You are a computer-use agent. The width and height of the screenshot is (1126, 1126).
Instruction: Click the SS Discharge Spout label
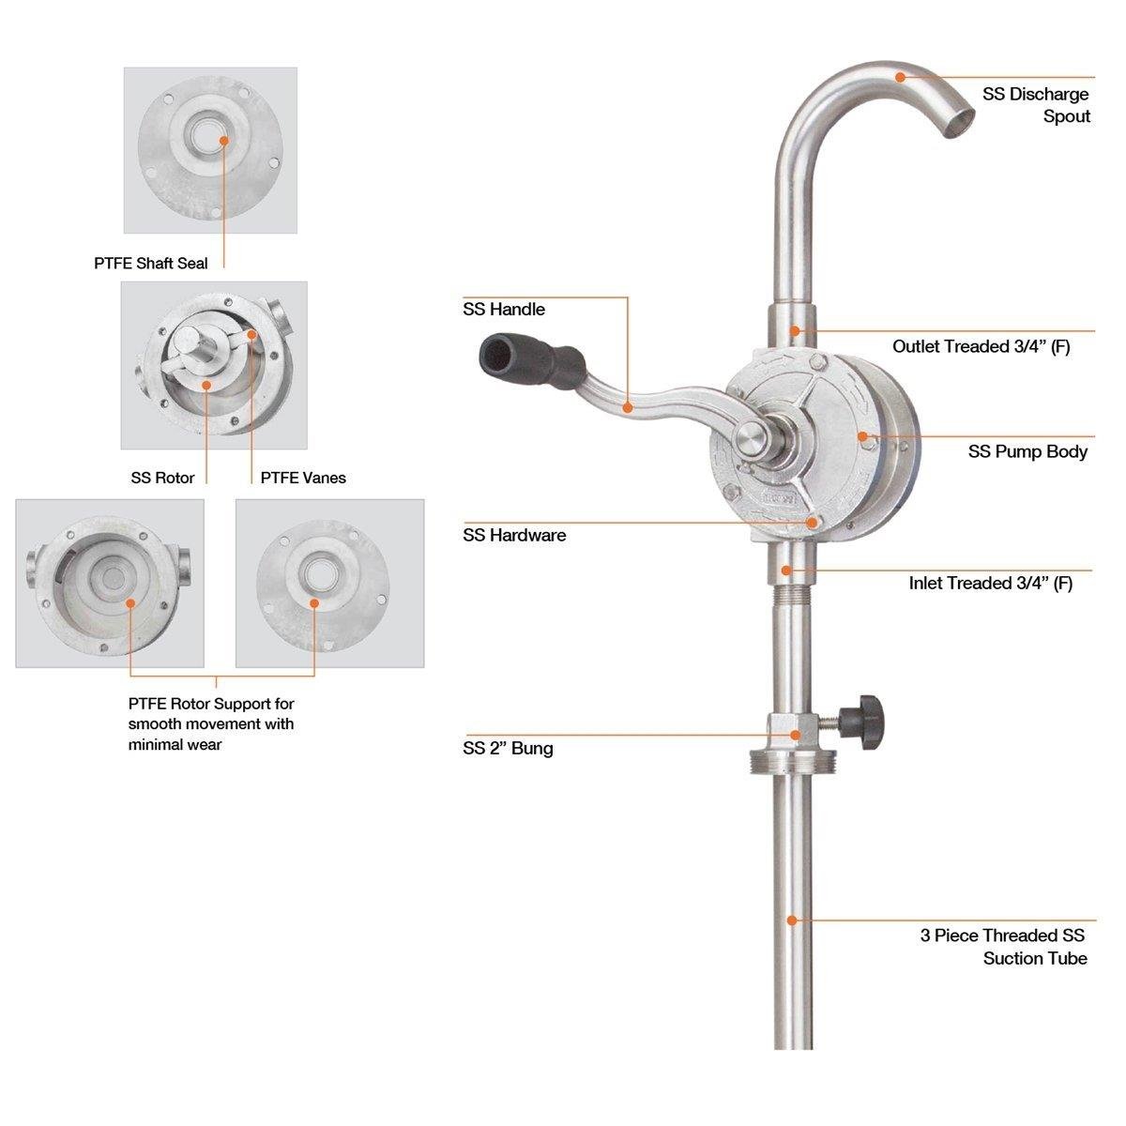click(1035, 105)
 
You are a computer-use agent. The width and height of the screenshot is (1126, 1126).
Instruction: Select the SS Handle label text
click(503, 310)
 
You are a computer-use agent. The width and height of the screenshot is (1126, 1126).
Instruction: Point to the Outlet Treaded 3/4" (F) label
click(981, 346)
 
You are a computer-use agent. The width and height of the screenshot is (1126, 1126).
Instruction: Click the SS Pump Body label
click(1027, 451)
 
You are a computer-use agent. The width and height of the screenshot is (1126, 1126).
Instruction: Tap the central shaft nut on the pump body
click(751, 436)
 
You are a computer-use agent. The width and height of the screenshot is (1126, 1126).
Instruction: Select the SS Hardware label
click(514, 535)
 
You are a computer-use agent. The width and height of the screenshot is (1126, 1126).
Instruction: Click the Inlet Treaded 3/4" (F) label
click(990, 583)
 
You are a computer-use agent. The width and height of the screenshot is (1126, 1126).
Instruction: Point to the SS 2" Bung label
click(508, 748)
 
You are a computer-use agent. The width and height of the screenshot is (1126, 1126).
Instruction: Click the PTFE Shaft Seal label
click(150, 264)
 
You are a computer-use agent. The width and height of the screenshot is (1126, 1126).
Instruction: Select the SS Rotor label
click(162, 478)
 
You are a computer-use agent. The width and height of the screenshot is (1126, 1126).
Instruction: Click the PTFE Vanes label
click(302, 478)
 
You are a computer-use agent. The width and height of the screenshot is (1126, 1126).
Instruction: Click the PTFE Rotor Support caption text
click(211, 723)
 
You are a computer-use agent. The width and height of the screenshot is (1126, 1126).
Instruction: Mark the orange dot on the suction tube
click(792, 921)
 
